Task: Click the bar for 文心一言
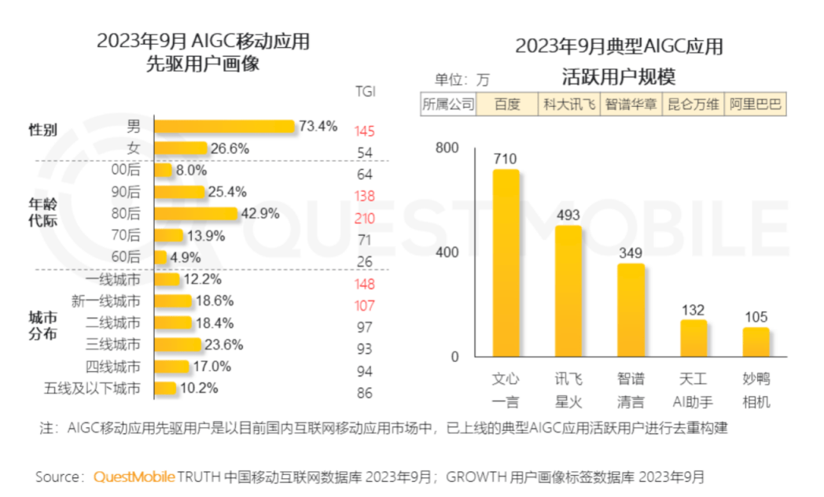coord(506,263)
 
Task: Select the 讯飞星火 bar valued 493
coord(568,291)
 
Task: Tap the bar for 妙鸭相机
coord(756,342)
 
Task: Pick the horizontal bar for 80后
coord(196,214)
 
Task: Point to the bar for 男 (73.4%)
coord(225,127)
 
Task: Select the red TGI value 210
coord(364,218)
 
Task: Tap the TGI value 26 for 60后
coord(364,262)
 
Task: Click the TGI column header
coord(365,91)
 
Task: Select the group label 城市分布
coord(43,323)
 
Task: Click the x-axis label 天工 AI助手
coord(693,390)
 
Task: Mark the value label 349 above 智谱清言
coord(631,253)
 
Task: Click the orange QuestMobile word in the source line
coord(133,477)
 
